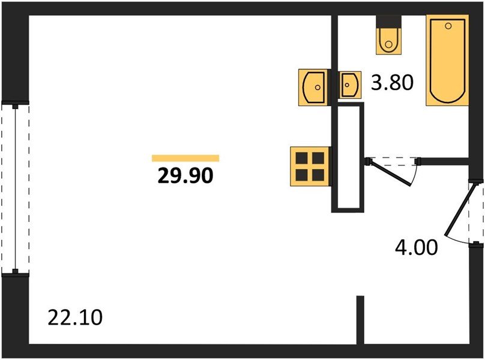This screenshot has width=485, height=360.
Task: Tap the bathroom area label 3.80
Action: click(393, 82)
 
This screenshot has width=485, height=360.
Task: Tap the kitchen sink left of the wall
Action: click(313, 86)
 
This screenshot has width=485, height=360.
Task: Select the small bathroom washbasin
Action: click(349, 85)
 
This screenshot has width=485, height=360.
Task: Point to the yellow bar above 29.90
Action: click(185, 158)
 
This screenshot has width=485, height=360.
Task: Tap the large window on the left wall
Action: click(14, 188)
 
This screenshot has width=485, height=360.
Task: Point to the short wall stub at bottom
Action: click(360, 319)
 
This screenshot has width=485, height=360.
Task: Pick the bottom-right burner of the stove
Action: click(318, 174)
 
